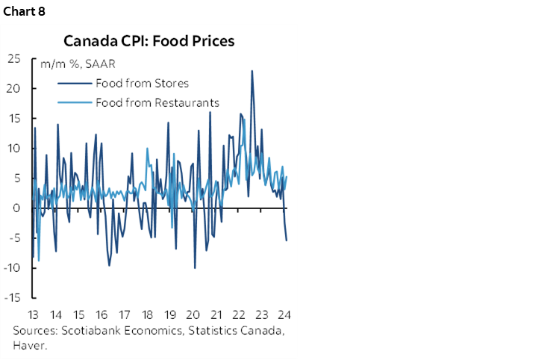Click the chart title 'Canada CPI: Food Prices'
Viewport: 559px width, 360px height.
point(149,40)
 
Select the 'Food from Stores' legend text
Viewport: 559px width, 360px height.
point(142,83)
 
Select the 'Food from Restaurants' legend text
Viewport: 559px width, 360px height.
point(157,102)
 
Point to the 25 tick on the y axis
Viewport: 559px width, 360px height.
point(15,58)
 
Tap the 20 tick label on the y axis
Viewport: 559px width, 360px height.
point(15,88)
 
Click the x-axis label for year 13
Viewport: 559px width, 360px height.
point(34,314)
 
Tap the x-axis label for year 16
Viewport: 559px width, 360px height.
point(102,314)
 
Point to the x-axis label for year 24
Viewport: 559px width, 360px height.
point(284,314)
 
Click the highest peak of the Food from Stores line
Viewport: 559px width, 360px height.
point(252,71)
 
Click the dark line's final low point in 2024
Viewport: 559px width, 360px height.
point(287,240)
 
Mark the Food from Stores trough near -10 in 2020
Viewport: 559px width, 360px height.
point(195,267)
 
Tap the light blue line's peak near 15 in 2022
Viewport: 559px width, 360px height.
point(245,118)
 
